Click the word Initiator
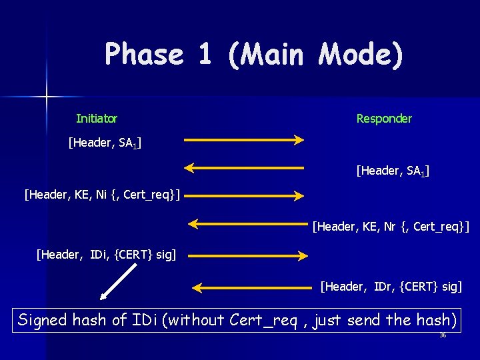[97, 119]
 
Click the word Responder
[384, 119]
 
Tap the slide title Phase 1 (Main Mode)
[254, 54]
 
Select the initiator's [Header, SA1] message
[105, 142]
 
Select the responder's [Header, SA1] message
[393, 172]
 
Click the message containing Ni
[103, 195]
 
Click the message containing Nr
[391, 227]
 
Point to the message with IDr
[391, 287]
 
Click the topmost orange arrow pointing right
[244, 140]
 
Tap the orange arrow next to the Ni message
[244, 195]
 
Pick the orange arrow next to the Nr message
[247, 223]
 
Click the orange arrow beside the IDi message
[247, 255]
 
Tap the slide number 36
[443, 335]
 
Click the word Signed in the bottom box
[43, 320]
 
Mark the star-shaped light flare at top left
[47, 97]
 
